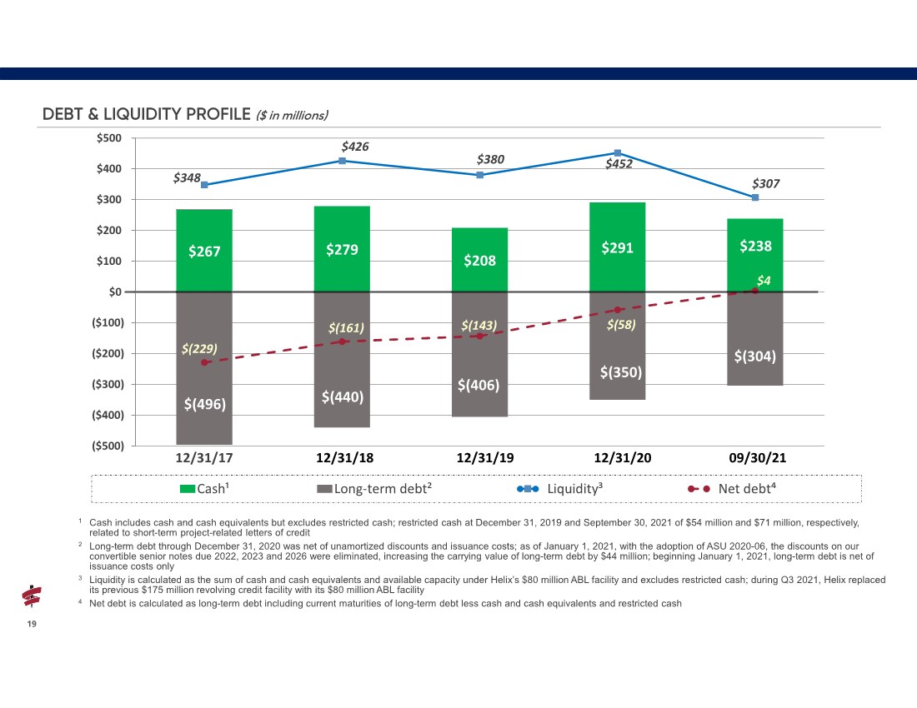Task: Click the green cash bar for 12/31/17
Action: pyautogui.click(x=204, y=251)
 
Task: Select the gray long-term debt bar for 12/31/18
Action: pyautogui.click(x=342, y=360)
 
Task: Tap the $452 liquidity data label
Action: pyautogui.click(x=619, y=164)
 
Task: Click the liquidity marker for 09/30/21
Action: pyautogui.click(x=755, y=197)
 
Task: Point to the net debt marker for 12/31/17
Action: pyautogui.click(x=204, y=363)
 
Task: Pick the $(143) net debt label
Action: pyautogui.click(x=479, y=326)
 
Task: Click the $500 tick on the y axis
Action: pyautogui.click(x=109, y=138)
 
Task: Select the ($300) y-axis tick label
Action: pyautogui.click(x=108, y=384)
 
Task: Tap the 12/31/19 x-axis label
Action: pyautogui.click(x=485, y=458)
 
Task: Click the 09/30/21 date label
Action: pyautogui.click(x=757, y=458)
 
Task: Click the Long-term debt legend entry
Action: pyautogui.click(x=374, y=488)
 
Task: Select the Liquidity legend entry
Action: pyautogui.click(x=559, y=488)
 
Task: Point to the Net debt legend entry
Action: pyautogui.click(x=732, y=488)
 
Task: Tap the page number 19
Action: pyautogui.click(x=32, y=624)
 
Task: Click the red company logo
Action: pyautogui.click(x=32, y=596)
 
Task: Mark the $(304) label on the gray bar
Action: pyautogui.click(x=755, y=356)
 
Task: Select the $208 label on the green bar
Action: pyautogui.click(x=479, y=261)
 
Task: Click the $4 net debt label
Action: pyautogui.click(x=764, y=281)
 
